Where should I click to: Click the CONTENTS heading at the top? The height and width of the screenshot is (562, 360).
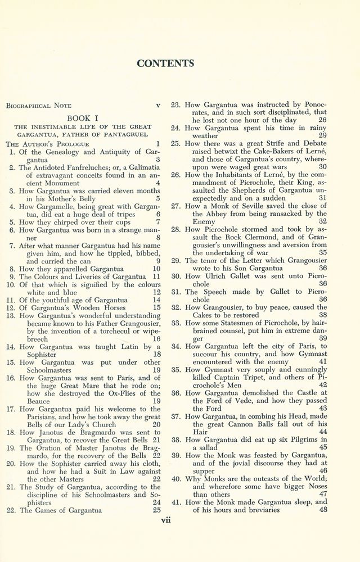(165, 63)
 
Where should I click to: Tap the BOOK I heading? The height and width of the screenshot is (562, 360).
(83, 119)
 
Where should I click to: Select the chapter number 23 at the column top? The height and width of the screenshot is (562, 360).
(175, 105)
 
